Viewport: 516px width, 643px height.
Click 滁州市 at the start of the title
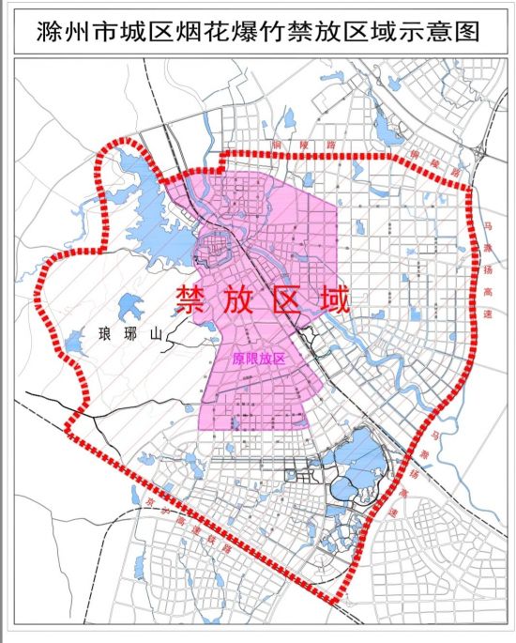(70, 32)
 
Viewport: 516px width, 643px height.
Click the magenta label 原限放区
(258, 359)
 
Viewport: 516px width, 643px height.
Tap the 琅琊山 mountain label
(125, 334)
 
